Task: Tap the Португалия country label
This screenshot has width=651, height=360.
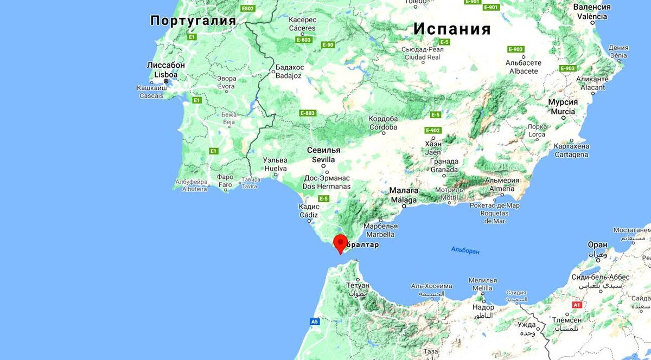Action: [193, 21]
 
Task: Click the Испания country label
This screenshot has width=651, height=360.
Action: [452, 29]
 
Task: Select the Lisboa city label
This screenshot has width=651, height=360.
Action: [166, 74]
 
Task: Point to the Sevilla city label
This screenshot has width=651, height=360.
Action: [323, 160]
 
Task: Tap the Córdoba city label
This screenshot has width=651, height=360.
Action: [383, 127]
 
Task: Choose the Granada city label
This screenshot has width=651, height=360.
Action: [444, 169]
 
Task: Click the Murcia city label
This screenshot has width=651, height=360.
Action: [563, 111]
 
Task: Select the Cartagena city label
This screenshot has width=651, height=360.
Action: [571, 155]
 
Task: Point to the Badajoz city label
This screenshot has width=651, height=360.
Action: [289, 76]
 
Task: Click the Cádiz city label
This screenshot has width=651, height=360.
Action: [309, 215]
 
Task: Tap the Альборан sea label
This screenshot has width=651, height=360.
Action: [465, 250]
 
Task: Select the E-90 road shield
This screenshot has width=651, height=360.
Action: [328, 44]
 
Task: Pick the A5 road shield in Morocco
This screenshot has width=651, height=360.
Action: [315, 322]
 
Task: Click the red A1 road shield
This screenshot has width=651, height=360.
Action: [577, 305]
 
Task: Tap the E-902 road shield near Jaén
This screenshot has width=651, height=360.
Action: [433, 130]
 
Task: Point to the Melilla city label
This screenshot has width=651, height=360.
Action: [482, 288]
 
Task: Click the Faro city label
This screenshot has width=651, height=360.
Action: [225, 184]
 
